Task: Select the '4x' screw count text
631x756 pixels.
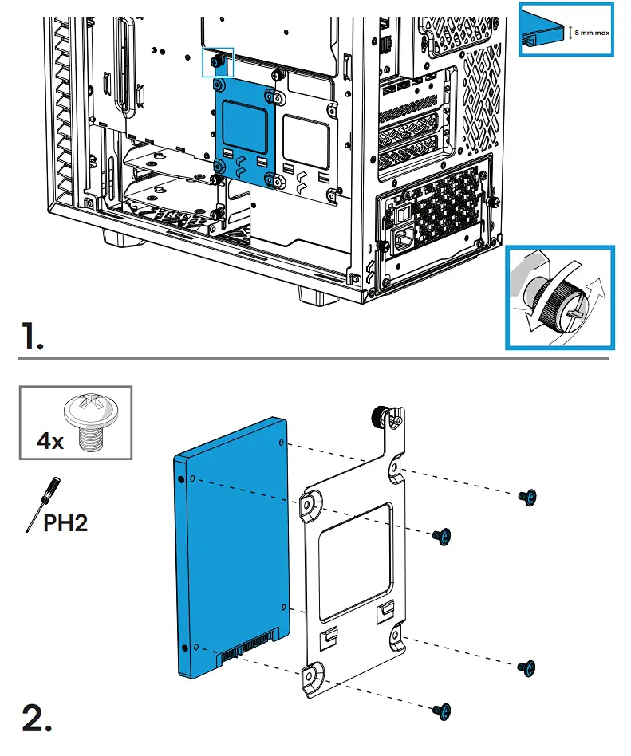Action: tap(50, 440)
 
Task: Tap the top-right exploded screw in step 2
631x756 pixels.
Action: tap(526, 498)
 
